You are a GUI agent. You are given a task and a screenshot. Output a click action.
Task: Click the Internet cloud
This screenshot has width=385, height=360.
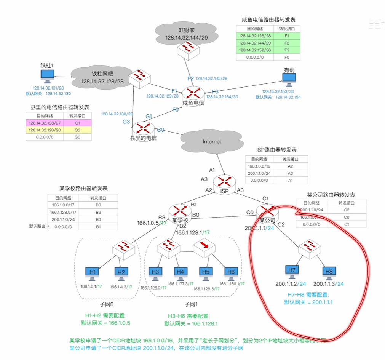coord(212,141)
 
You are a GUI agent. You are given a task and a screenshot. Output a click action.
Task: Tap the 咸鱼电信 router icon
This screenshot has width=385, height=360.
coord(191,93)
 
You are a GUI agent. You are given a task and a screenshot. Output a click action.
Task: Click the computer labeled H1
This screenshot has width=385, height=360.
coord(93,273)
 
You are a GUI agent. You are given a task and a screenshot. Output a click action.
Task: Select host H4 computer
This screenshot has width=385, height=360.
coord(181,272)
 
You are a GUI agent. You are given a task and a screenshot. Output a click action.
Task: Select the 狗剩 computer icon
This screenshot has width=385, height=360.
coord(289,78)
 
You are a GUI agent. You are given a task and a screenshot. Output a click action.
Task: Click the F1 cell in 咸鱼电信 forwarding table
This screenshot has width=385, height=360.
coord(287,36)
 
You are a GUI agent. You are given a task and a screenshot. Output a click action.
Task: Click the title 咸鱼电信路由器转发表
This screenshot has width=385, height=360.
coord(268,19)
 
